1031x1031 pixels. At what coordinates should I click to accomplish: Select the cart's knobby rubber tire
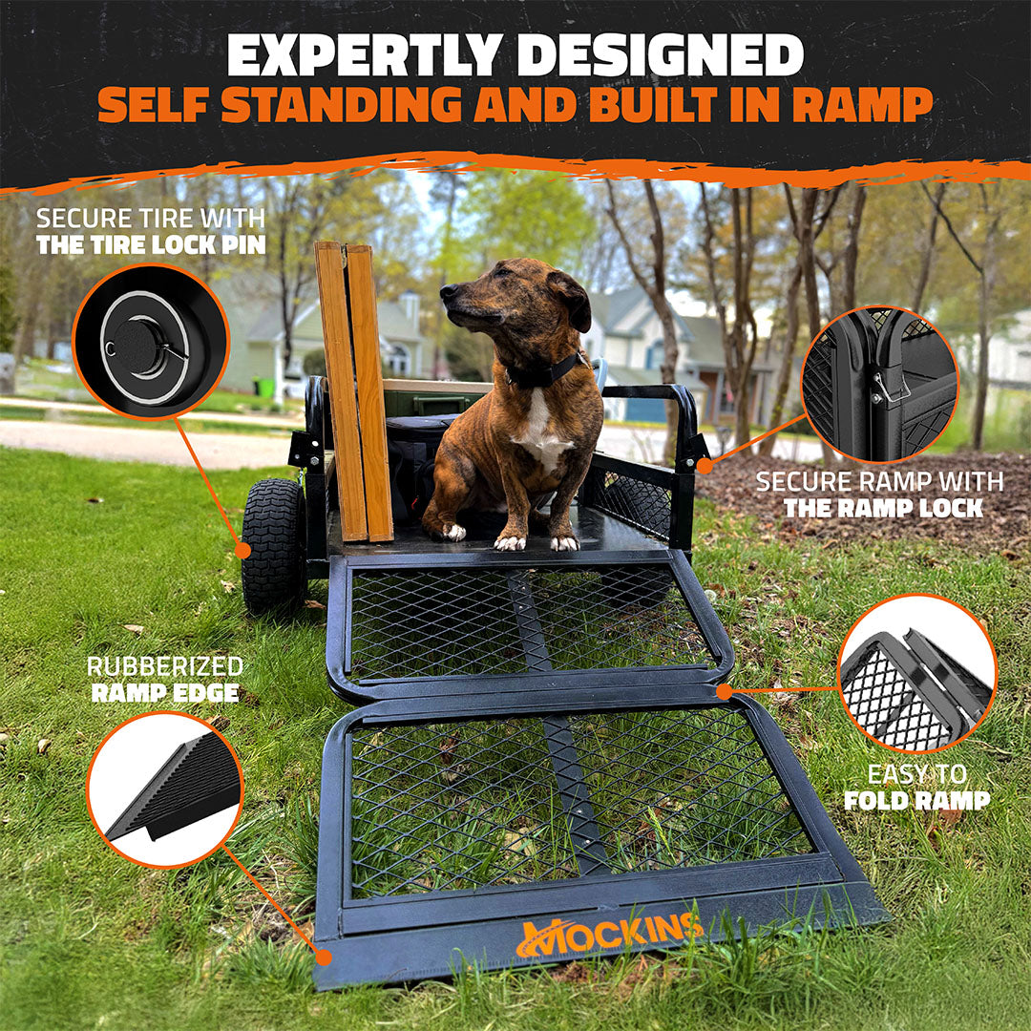pos(274,546)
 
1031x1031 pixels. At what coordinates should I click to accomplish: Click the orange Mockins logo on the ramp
pos(609,935)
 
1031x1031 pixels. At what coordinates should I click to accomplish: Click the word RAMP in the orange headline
pos(863,105)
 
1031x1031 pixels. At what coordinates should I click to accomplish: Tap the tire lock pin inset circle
pos(151,341)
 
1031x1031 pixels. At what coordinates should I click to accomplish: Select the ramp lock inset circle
pos(880,384)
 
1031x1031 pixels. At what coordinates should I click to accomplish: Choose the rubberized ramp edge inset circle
pos(165,789)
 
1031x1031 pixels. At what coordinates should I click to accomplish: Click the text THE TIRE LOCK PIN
pos(151,245)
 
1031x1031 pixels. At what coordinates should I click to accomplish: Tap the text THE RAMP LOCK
pos(883,508)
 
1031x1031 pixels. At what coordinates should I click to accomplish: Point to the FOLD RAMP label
pos(916,800)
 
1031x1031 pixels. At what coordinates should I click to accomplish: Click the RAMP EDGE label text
pos(165,693)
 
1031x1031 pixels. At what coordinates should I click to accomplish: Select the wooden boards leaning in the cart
pos(353,391)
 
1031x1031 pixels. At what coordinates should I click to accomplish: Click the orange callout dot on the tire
pos(244,551)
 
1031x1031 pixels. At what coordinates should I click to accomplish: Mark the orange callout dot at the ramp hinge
pos(724,692)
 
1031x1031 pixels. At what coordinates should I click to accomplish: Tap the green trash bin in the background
pos(265,388)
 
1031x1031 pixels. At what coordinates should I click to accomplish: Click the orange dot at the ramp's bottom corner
pos(323,957)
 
